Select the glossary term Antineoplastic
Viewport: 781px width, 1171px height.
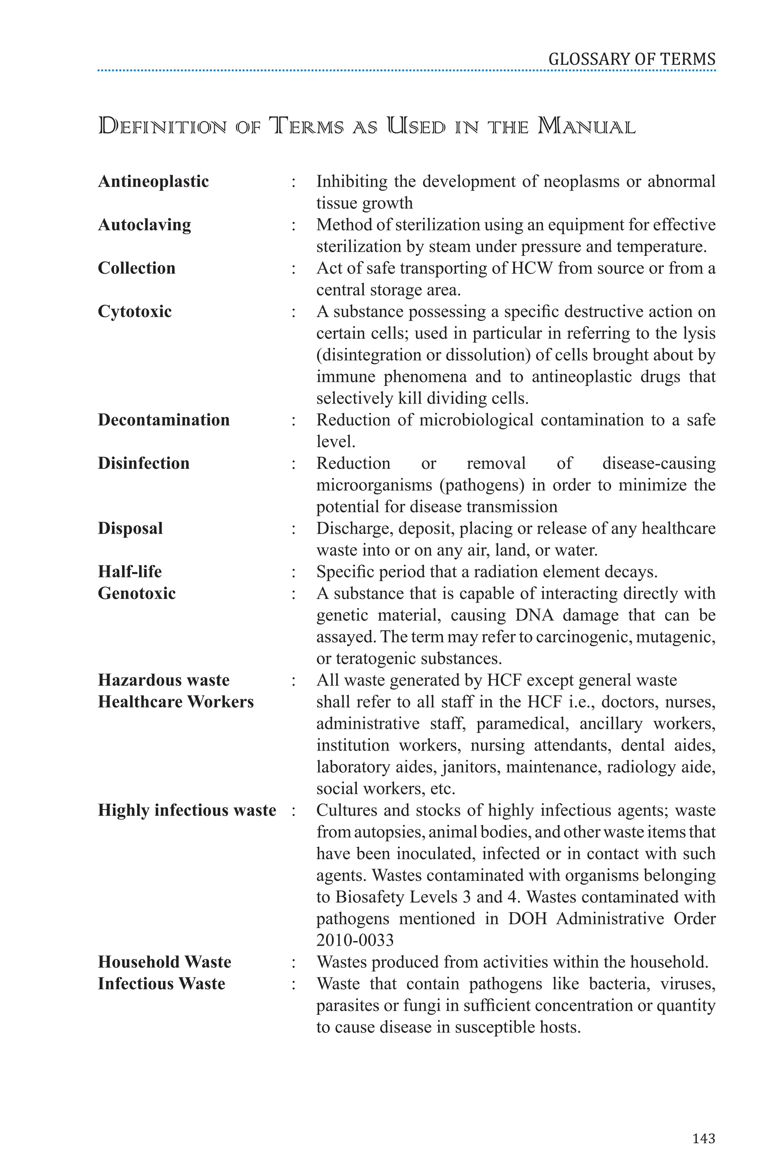click(x=153, y=181)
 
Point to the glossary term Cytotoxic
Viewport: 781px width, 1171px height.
click(x=135, y=312)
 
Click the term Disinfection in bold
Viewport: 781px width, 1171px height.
click(x=143, y=464)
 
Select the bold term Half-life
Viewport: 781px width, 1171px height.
click(x=130, y=571)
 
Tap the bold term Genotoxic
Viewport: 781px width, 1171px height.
click(x=137, y=594)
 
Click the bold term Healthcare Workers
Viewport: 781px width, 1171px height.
click(x=175, y=702)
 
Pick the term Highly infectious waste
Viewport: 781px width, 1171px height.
click(x=187, y=810)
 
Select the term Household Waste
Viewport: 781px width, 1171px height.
click(x=164, y=962)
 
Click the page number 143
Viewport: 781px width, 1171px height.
click(x=703, y=1138)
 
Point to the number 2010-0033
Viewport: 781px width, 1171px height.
click(x=355, y=940)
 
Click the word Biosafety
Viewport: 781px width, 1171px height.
click(x=370, y=897)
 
